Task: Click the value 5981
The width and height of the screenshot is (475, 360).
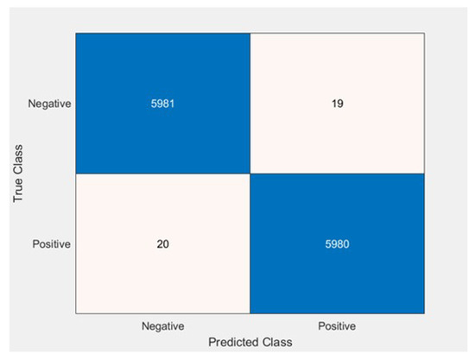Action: [163, 104]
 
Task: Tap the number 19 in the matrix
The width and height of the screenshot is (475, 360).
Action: [338, 104]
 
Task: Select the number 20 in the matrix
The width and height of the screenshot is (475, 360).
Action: [163, 243]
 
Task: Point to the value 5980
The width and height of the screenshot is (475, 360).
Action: [338, 243]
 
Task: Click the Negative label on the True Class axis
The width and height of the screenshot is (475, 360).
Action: [48, 104]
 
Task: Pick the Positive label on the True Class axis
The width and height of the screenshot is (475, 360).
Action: [51, 243]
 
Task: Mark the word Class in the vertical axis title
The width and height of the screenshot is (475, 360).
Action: [18, 161]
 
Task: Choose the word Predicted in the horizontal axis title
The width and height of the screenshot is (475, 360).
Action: [231, 342]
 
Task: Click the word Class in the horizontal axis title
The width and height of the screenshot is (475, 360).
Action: [276, 342]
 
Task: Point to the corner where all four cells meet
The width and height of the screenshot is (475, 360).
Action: [250, 174]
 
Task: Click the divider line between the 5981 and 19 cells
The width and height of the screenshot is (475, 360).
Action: [250, 104]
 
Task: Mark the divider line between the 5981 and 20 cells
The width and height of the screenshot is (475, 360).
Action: [163, 174]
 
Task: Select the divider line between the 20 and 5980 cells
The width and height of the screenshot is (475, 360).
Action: [250, 243]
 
